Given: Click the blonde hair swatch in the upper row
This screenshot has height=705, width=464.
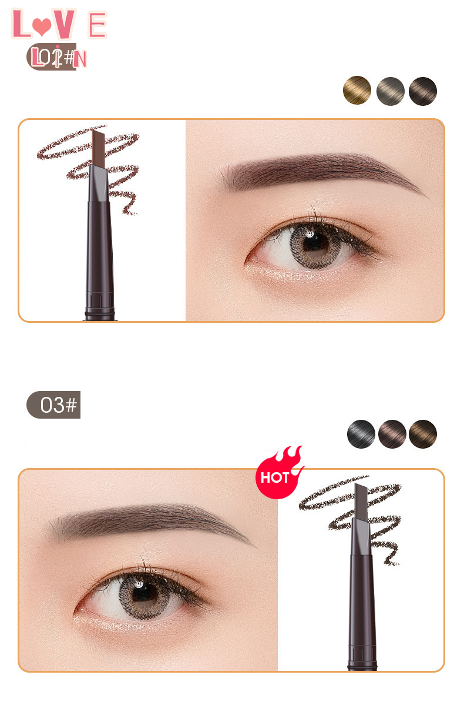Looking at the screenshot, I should click(357, 91).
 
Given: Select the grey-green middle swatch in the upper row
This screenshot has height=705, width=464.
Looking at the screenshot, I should click(390, 91).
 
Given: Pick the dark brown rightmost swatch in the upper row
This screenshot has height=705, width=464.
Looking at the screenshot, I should click(423, 91).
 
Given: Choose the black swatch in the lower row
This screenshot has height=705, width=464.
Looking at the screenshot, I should click(361, 435).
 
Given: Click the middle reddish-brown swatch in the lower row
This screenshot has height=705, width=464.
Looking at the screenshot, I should click(392, 435).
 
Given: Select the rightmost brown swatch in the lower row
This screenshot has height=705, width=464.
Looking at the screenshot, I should click(423, 435).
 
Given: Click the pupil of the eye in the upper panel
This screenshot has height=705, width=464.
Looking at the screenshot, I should click(310, 242).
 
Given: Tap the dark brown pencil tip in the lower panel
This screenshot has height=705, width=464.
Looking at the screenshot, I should click(361, 499).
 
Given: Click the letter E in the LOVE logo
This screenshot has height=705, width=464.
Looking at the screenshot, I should click(97, 25).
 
